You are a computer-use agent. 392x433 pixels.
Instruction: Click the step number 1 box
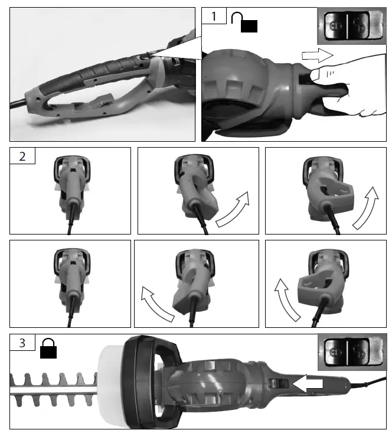coord(214,17)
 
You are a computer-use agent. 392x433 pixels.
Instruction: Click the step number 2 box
coord(22,157)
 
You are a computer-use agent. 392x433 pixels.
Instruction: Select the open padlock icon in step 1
coord(245,22)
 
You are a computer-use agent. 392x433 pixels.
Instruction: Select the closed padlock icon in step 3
coord(48,349)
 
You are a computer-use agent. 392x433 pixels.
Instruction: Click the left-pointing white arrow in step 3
coord(308,383)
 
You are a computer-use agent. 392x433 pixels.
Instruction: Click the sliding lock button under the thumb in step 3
coord(276,384)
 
